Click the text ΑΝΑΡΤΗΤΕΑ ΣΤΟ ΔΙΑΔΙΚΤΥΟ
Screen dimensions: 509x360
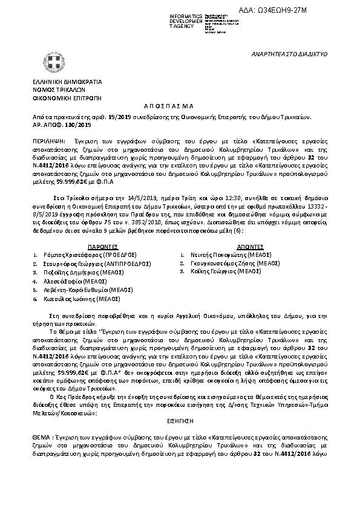289,54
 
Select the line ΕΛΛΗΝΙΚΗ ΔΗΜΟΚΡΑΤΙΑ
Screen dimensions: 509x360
67,81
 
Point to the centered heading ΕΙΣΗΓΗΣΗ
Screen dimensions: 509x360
179,419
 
